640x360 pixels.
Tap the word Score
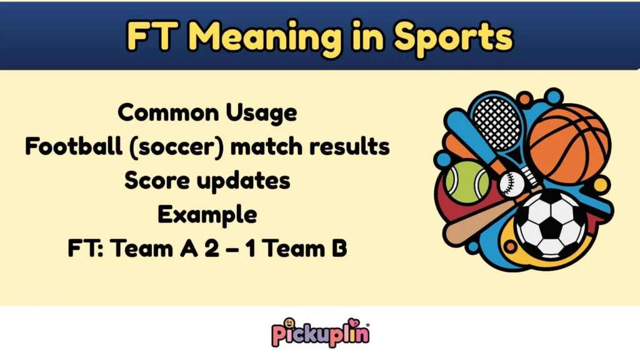pos(157,181)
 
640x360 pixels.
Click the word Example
pos(207,214)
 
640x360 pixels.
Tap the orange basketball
pos(568,144)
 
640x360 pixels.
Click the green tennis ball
pos(467,182)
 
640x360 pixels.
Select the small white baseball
pos(512,184)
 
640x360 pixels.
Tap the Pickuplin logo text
pos(320,332)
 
